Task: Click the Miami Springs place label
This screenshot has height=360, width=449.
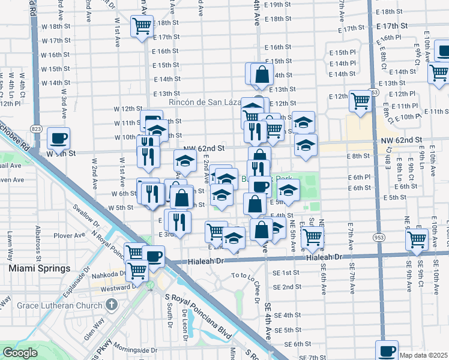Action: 40,268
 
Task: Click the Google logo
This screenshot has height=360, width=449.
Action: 20,353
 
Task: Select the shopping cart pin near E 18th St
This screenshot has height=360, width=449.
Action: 142,26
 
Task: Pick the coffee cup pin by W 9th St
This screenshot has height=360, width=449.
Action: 59,138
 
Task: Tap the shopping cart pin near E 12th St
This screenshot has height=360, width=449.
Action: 360,101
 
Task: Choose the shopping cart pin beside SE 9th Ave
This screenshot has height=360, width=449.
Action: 417,239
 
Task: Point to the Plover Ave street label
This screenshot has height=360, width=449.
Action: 70,236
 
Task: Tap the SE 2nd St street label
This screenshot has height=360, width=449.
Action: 287,287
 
